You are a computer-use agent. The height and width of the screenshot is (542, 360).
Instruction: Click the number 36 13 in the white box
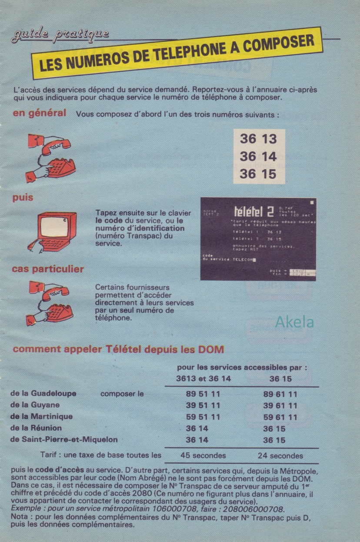[258, 139]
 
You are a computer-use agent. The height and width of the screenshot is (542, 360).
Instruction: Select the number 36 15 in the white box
[258, 174]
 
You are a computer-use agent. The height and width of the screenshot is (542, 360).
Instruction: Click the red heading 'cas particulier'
[48, 269]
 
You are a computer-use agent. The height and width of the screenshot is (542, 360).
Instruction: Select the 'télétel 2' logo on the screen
[254, 212]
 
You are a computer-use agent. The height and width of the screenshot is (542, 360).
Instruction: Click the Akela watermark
[294, 322]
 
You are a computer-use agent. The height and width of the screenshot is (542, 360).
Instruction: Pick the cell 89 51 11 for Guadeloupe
[203, 394]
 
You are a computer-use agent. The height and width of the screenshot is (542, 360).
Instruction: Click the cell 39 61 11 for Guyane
[280, 406]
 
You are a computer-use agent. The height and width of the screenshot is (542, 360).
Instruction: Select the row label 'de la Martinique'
[41, 417]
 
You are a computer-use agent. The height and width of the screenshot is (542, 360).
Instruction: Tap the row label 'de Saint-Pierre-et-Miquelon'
[63, 440]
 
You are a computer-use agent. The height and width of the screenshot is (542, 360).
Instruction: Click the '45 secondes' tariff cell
[203, 456]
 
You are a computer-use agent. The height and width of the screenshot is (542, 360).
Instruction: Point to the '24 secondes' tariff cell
[280, 456]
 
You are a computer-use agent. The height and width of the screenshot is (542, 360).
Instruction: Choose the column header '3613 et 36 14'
[203, 378]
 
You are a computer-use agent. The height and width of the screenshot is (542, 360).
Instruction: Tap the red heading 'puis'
[23, 198]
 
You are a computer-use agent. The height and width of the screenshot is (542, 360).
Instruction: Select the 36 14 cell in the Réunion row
[197, 428]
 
